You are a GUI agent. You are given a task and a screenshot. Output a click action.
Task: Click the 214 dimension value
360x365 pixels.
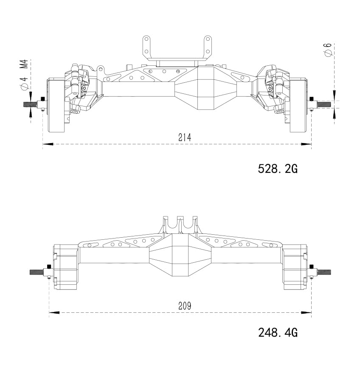[185, 138]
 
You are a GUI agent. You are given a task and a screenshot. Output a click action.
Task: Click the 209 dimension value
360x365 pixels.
[185, 306]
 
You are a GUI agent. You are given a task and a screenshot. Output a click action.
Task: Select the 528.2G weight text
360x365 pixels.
[278, 169]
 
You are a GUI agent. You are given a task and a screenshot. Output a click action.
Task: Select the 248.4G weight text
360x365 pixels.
[278, 332]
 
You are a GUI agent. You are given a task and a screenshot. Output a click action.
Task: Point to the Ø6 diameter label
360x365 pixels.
[327, 50]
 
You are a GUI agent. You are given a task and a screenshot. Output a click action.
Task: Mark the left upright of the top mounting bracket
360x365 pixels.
[146, 48]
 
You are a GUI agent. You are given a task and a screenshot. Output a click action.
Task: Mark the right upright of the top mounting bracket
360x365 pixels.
[208, 48]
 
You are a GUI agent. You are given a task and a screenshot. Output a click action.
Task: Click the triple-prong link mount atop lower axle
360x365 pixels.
[180, 224]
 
